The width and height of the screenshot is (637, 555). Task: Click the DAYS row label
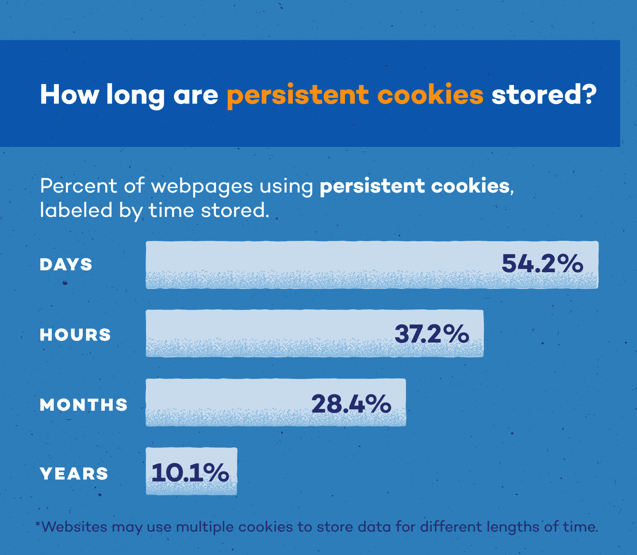(66, 265)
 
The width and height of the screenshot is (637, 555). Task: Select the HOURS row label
(75, 335)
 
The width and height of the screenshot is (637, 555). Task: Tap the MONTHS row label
(84, 405)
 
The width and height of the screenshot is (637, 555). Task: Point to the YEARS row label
(74, 474)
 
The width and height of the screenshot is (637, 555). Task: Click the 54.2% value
(542, 264)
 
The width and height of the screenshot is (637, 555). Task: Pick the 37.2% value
(432, 334)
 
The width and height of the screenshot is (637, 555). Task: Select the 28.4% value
(351, 404)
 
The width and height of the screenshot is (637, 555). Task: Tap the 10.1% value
(190, 473)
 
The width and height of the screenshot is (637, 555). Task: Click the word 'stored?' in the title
(544, 94)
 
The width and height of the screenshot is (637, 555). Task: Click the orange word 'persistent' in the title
(298, 95)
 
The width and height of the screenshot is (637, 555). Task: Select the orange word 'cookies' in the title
(430, 94)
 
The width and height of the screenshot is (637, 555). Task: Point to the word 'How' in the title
(69, 94)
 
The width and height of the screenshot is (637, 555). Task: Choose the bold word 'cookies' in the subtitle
(470, 186)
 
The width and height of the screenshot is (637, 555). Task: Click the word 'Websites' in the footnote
(74, 527)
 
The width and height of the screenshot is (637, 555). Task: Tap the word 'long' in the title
(135, 95)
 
